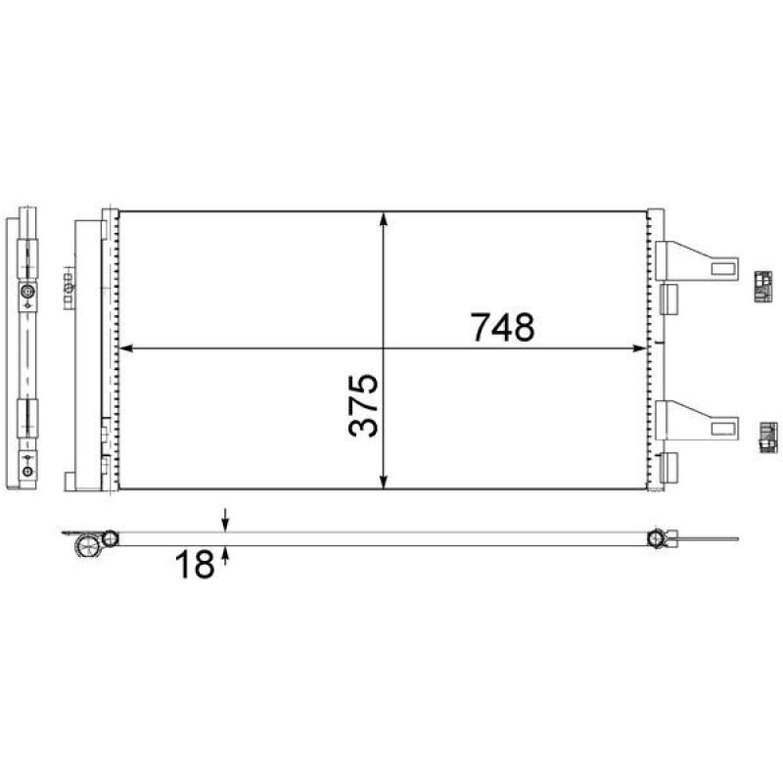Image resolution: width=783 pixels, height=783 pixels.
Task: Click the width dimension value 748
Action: point(503,327)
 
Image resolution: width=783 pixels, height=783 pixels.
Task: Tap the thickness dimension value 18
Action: point(195,564)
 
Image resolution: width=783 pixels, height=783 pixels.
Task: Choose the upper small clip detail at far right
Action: point(764,287)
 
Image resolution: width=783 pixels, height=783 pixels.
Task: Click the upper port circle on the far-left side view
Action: point(27,293)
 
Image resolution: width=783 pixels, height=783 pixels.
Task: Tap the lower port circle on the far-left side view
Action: point(27,472)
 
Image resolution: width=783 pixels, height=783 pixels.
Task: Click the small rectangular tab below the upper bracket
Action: point(670,297)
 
